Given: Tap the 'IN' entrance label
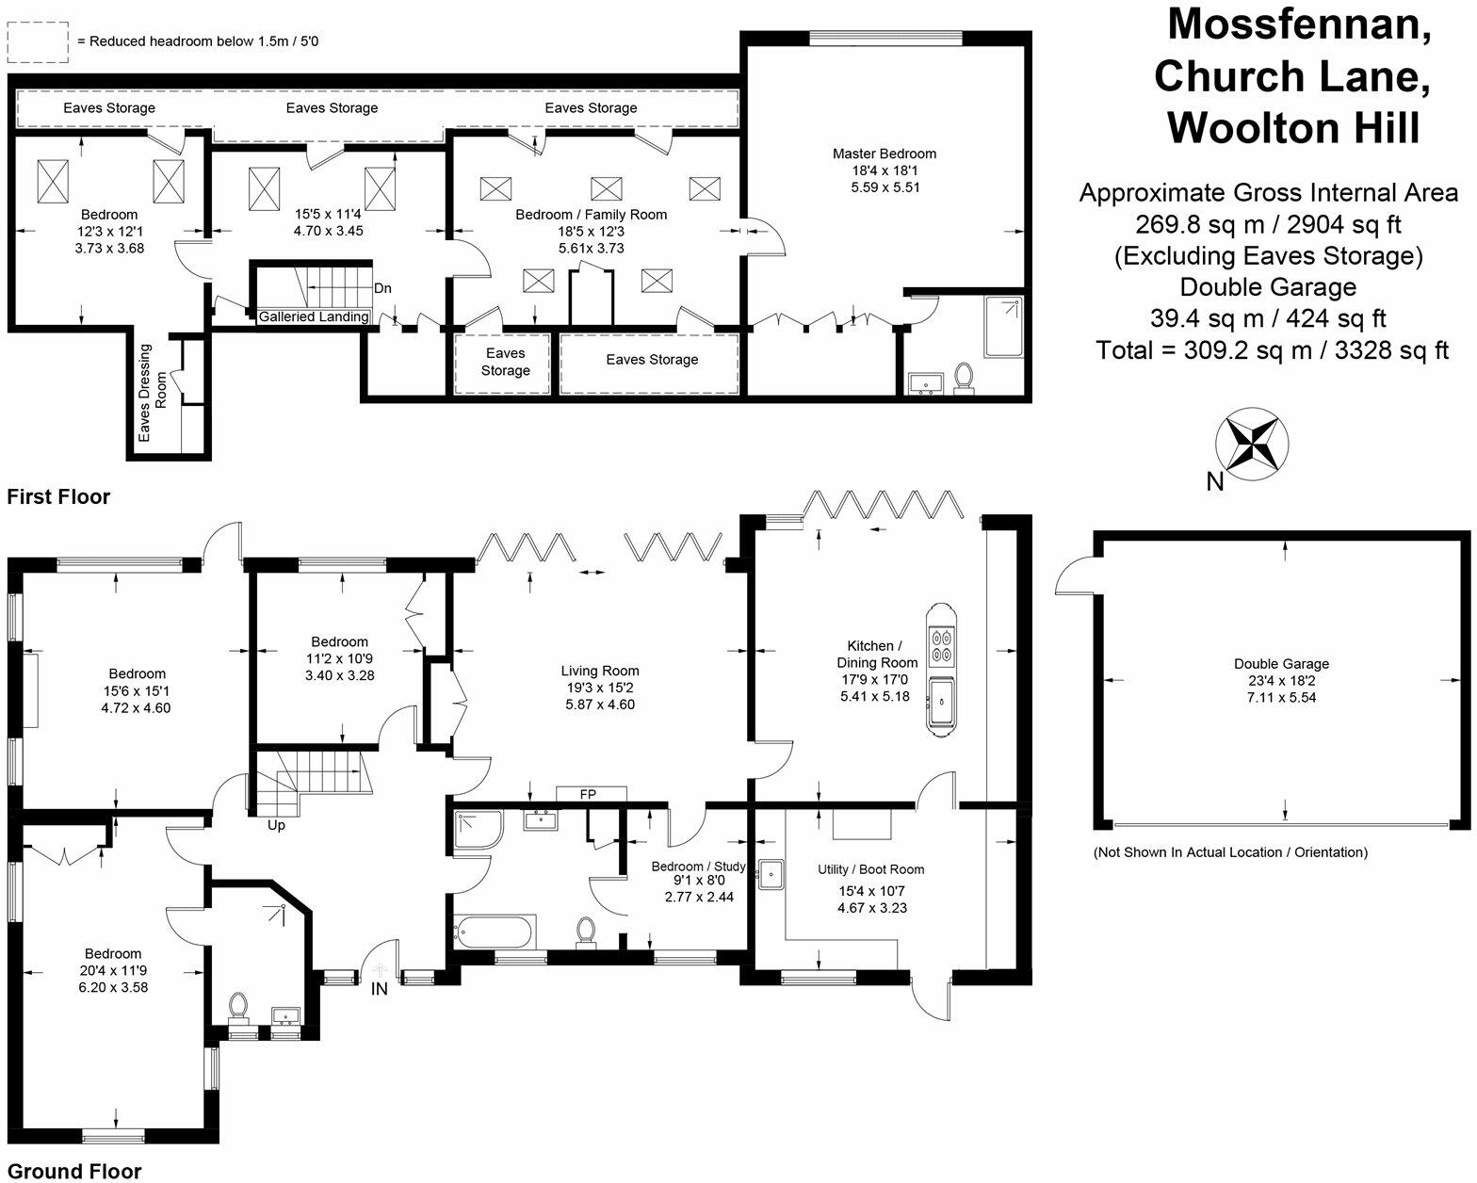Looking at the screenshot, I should click(380, 989).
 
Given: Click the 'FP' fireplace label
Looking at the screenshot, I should click(588, 795).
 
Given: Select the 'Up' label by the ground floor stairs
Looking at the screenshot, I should click(276, 826).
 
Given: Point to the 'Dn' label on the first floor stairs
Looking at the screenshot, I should click(382, 288).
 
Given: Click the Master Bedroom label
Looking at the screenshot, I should click(885, 154).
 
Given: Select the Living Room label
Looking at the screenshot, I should click(600, 671).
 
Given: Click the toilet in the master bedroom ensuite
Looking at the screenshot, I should click(963, 376).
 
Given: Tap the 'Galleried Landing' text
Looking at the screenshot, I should click(314, 316).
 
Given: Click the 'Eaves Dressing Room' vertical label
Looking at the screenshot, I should click(153, 394).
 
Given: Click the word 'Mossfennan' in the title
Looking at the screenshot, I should click(1299, 24).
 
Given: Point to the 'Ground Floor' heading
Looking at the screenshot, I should click(74, 1171).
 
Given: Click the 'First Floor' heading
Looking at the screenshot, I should click(58, 496).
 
